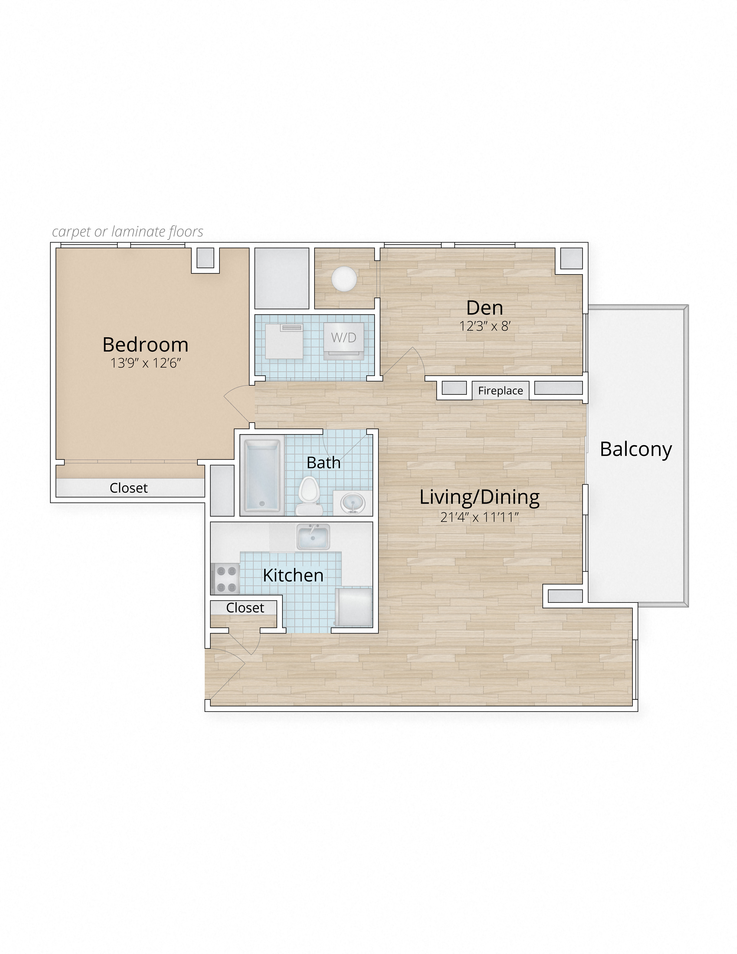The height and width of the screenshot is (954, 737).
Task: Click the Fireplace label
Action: pos(500,390)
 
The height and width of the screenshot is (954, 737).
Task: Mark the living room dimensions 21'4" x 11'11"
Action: pos(479,517)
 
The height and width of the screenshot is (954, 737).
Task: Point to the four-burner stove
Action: pos(225,579)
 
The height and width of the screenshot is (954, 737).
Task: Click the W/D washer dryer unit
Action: pos(344,338)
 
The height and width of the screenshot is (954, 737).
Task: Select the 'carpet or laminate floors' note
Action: pos(127,231)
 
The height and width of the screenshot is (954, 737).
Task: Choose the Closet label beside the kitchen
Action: pos(245,608)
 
